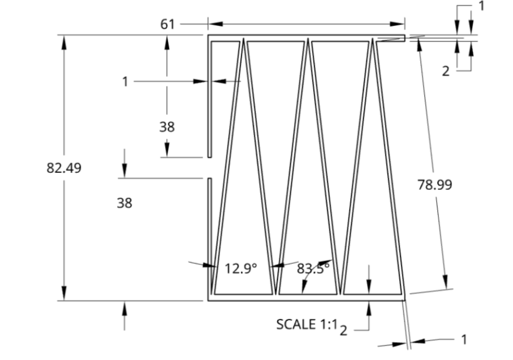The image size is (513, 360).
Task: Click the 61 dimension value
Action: (167, 24)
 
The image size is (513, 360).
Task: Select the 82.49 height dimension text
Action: (64, 168)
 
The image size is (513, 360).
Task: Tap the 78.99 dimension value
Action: (434, 185)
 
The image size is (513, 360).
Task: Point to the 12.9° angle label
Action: (241, 269)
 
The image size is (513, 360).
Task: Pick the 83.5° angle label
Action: (313, 268)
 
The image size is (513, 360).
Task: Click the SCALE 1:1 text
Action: (306, 325)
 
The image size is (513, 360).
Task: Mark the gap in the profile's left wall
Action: (209, 168)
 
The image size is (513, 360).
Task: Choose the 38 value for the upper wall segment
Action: (167, 127)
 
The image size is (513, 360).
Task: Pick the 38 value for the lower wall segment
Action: (124, 203)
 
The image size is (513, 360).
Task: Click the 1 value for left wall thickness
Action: (125, 82)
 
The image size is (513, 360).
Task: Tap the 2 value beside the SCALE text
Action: (343, 331)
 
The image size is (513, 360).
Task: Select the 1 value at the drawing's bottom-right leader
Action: (464, 339)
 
